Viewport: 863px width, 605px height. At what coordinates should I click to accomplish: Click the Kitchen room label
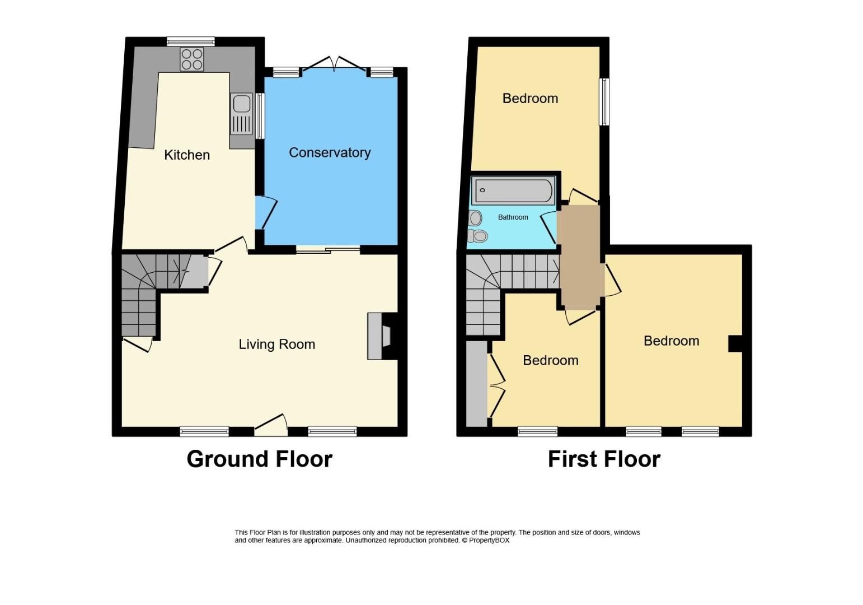pos(187,155)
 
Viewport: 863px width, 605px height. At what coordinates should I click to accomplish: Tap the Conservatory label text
pos(330,152)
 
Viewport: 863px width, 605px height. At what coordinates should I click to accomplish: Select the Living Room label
pos(276,345)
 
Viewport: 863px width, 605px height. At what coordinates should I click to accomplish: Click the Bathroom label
pos(513,217)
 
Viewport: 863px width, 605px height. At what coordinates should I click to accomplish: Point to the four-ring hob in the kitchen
pos(192,59)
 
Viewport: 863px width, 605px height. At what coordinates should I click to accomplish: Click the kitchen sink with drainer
pos(242,114)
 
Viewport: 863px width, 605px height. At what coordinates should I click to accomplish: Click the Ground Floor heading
pos(259,459)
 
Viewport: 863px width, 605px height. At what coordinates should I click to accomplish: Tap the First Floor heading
pos(604,459)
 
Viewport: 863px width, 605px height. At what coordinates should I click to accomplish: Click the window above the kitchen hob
pos(191,41)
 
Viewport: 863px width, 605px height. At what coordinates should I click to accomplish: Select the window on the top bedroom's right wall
pos(604,102)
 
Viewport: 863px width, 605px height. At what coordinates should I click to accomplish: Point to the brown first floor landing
pos(580,257)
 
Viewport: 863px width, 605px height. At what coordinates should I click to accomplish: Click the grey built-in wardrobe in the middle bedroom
pos(477,384)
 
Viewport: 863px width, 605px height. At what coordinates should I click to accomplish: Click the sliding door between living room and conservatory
pos(328,250)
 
